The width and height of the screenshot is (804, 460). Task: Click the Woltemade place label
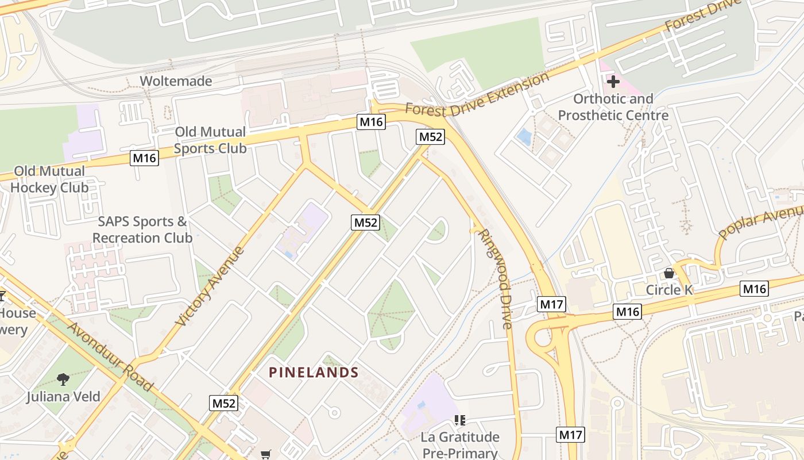(x=176, y=81)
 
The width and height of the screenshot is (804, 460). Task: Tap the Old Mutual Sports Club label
(x=210, y=140)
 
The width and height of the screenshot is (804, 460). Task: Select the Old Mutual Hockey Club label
(x=49, y=179)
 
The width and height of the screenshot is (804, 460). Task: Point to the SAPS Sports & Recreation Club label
(x=142, y=229)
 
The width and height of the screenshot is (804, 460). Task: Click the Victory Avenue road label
(x=211, y=286)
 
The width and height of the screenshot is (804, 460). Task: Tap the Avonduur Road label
(x=110, y=356)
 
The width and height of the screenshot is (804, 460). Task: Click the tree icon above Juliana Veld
(x=63, y=379)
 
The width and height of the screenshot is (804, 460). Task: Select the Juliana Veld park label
(x=63, y=397)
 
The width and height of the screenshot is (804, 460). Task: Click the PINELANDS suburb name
(x=314, y=373)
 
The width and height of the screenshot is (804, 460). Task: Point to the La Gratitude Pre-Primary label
(x=460, y=445)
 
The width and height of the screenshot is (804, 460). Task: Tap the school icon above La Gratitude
(x=459, y=420)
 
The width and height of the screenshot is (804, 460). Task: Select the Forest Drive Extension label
(x=477, y=94)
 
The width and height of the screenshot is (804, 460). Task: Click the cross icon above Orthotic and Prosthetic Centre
(x=613, y=82)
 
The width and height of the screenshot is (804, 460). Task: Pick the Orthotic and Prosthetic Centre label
(x=613, y=107)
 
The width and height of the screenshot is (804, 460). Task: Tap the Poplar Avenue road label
(x=760, y=221)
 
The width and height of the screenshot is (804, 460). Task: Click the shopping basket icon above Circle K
(x=669, y=273)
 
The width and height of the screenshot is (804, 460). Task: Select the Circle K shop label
(x=670, y=290)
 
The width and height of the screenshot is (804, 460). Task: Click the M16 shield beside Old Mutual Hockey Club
(x=144, y=158)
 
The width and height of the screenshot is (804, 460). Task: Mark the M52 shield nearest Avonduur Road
(x=224, y=403)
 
